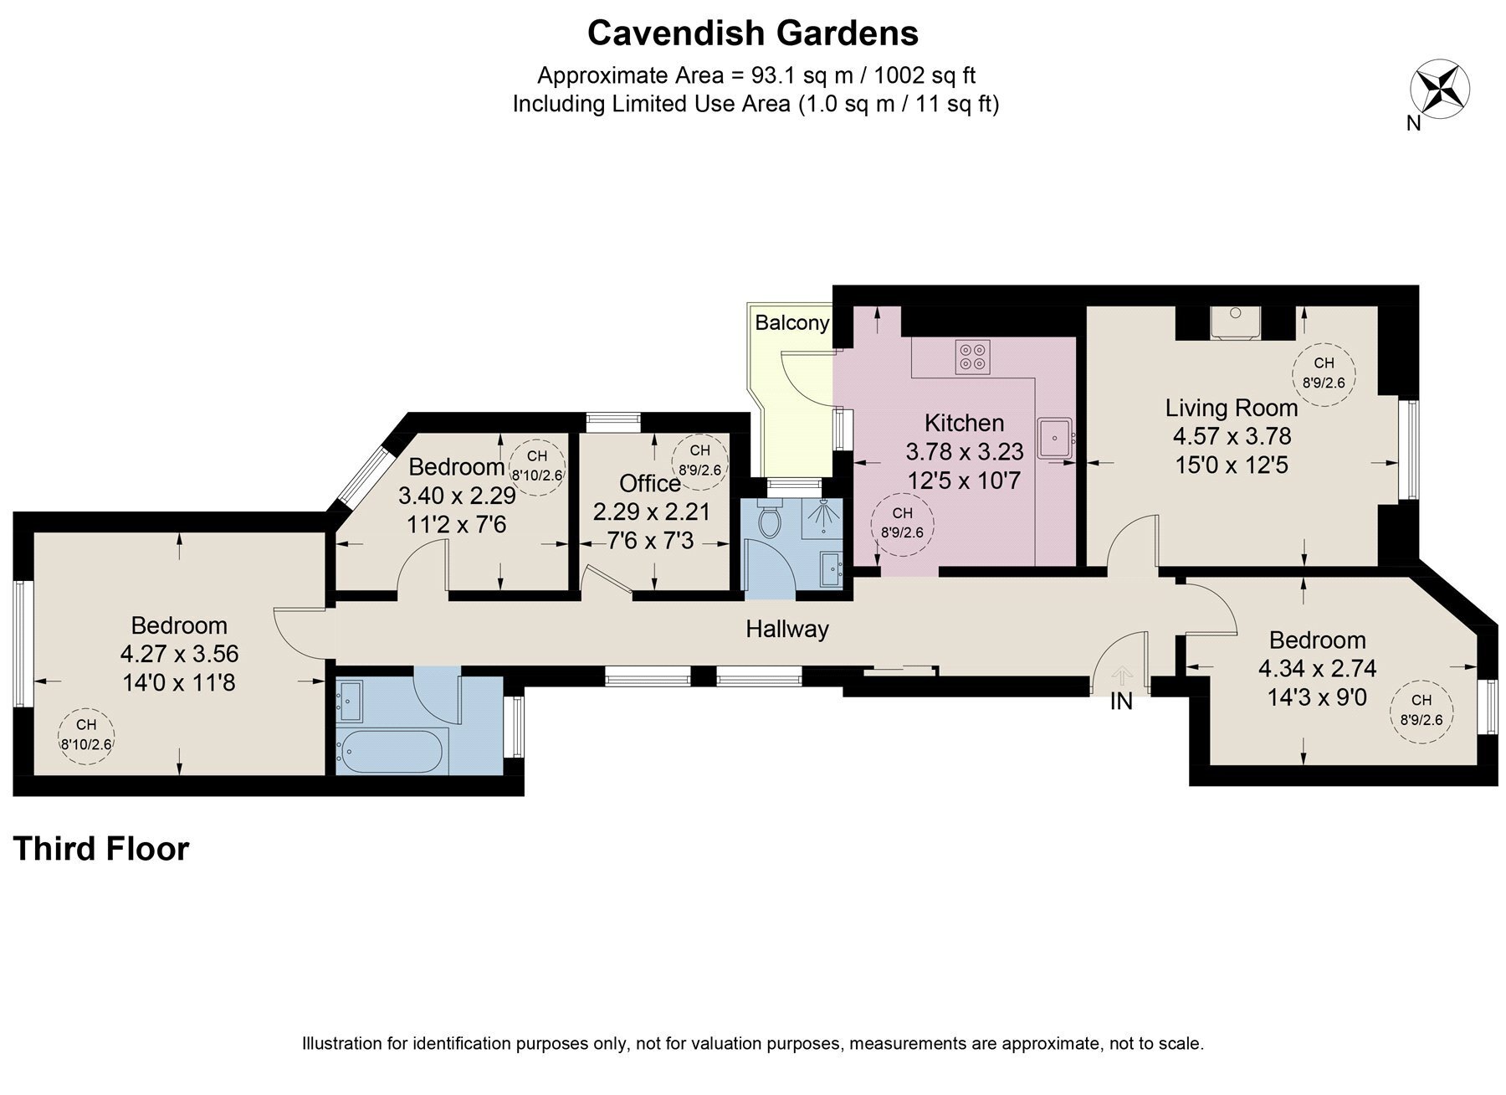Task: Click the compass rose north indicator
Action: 1440,88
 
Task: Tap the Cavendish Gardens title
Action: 753,33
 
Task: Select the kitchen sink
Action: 1056,437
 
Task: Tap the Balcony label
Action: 792,322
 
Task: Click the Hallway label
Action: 787,629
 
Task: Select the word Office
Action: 649,483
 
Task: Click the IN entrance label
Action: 1121,702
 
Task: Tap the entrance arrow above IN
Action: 1121,675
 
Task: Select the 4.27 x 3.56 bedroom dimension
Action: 180,654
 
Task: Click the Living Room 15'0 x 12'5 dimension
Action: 1232,465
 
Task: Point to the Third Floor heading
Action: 101,849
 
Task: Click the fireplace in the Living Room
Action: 1235,322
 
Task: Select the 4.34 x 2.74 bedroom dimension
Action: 1317,669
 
